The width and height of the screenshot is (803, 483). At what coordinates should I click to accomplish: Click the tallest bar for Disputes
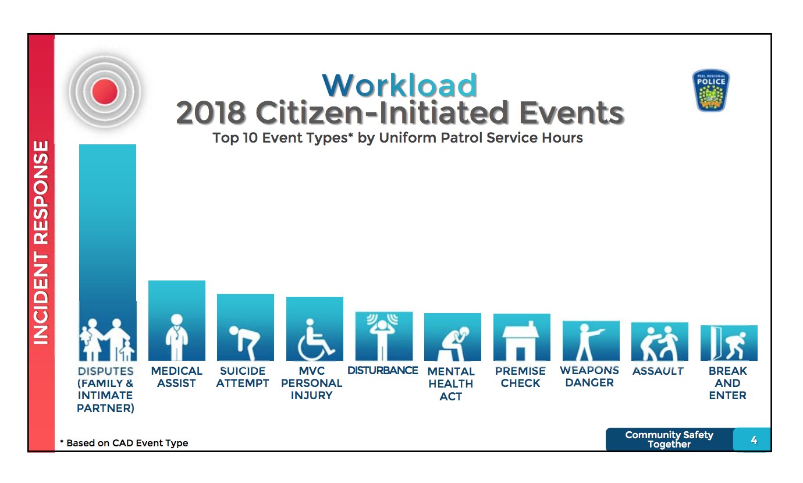tap(108, 252)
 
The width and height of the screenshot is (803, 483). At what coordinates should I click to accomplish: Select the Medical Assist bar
tap(177, 321)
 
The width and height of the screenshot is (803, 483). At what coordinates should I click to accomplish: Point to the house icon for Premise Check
tap(521, 340)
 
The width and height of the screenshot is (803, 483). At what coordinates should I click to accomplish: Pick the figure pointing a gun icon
tap(589, 342)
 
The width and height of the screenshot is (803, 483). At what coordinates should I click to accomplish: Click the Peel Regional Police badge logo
tap(711, 90)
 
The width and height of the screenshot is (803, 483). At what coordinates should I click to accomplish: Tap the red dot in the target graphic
tap(105, 91)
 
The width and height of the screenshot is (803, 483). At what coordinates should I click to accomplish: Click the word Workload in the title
tap(399, 85)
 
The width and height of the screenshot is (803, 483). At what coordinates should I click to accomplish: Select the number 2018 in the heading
tap(211, 112)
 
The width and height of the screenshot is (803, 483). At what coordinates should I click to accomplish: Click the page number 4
tap(754, 440)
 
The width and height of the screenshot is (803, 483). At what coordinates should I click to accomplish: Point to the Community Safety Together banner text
tap(669, 439)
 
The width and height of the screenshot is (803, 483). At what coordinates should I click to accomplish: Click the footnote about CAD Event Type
tap(124, 443)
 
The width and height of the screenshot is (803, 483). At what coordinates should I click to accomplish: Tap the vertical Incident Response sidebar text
tap(41, 243)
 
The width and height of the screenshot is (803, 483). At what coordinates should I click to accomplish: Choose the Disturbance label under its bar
tap(382, 371)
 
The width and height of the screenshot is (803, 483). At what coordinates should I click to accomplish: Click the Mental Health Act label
tap(451, 383)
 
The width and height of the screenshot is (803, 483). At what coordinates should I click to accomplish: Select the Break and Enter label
tap(728, 383)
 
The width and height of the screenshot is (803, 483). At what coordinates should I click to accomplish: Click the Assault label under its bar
tap(658, 371)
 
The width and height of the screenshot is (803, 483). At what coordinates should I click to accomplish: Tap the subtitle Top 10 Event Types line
tap(397, 138)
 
